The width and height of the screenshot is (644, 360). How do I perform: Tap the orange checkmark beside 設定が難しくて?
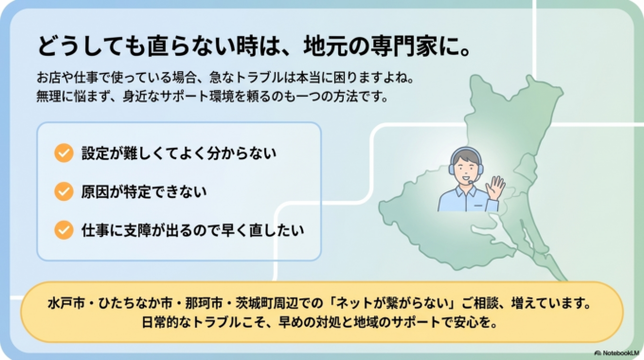pyautogui.click(x=64, y=152)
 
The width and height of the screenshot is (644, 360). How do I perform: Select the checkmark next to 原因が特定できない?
pyautogui.click(x=64, y=190)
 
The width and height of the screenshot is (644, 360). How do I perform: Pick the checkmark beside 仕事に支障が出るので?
pyautogui.click(x=64, y=229)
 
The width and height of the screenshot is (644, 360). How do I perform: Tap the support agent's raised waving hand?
pyautogui.click(x=494, y=187)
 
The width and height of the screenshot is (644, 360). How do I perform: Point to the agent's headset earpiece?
pyautogui.click(x=481, y=171)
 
